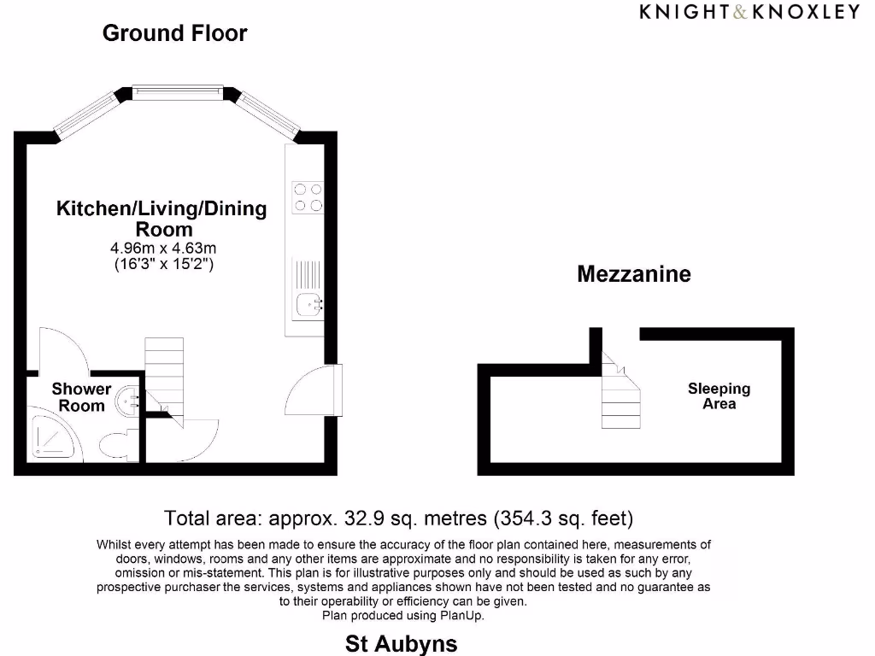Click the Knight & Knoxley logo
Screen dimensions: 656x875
[x=749, y=11]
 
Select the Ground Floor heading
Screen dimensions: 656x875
[x=174, y=33]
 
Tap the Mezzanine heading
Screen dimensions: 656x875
[x=633, y=274]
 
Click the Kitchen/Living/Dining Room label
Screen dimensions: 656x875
[x=161, y=219]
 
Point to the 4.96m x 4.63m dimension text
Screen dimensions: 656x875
[x=164, y=248]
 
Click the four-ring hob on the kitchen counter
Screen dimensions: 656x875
[x=308, y=197]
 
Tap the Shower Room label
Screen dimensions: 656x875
[x=81, y=397]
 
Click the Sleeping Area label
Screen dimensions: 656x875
[x=719, y=395]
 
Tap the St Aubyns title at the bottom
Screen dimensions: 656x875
[x=401, y=643]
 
